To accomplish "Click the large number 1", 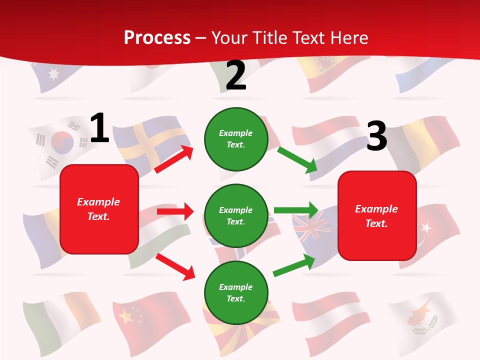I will (x=99, y=128).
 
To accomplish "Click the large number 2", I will (x=236, y=75).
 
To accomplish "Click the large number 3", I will (x=376, y=136).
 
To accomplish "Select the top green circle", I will (x=236, y=139).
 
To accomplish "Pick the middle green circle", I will (x=236, y=215).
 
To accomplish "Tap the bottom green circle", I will (x=236, y=293).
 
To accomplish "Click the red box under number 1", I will (x=99, y=209).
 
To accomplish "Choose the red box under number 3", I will (x=377, y=216).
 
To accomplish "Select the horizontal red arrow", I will (x=175, y=211).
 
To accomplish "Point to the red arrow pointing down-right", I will (x=175, y=266).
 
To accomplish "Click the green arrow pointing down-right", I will (x=297, y=160).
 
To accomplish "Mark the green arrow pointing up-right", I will (x=294, y=265).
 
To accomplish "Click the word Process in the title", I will (x=157, y=37).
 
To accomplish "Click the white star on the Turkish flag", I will (x=426, y=228).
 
